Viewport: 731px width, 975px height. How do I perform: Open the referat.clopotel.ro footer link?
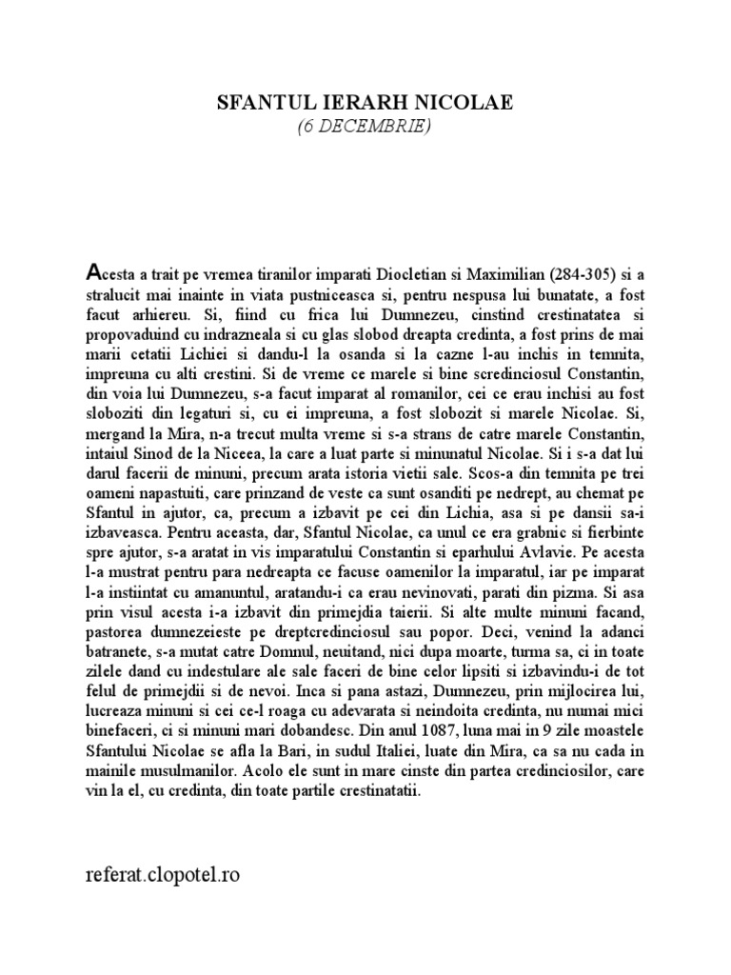tap(163, 874)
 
